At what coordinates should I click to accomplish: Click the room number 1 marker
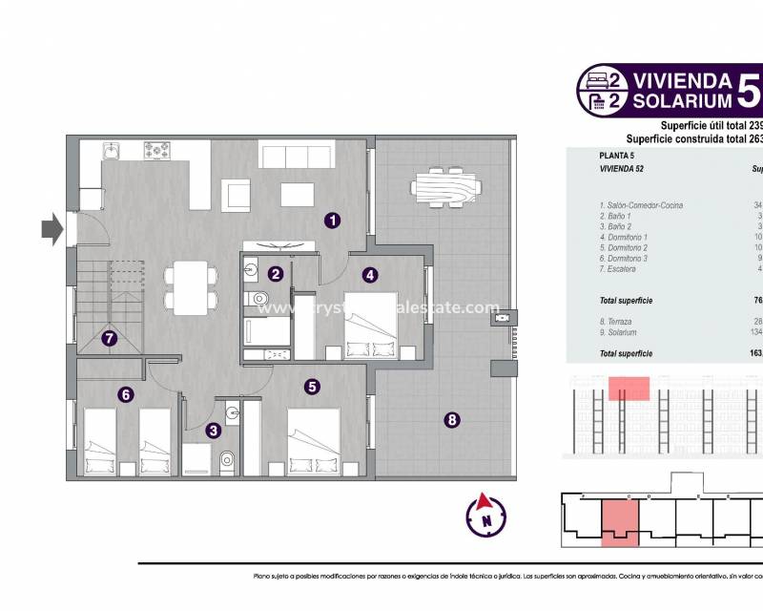[x=332, y=221]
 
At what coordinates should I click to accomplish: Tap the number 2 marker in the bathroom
[x=275, y=274]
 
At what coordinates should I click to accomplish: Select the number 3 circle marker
[x=216, y=431]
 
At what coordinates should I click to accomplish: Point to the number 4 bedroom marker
[x=370, y=274]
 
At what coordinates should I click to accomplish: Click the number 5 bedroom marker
[x=312, y=387]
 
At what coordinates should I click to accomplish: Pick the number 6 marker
[x=125, y=393]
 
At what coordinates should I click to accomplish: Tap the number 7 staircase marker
[x=110, y=337]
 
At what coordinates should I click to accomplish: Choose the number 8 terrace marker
[x=452, y=418]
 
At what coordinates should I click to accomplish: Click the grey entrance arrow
[x=52, y=228]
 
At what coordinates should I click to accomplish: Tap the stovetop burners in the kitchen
[x=156, y=150]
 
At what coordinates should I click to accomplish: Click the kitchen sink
[x=111, y=150]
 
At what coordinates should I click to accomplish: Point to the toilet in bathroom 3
[x=226, y=463]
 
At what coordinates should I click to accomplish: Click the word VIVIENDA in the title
[x=683, y=79]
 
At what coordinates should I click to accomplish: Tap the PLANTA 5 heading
[x=617, y=155]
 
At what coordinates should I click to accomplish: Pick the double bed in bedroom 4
[x=369, y=323]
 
